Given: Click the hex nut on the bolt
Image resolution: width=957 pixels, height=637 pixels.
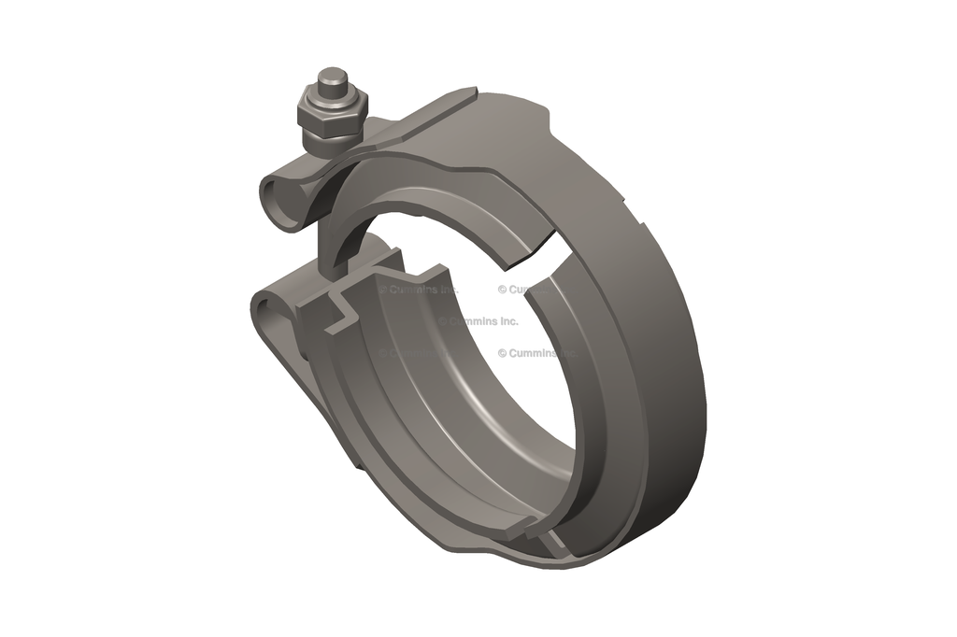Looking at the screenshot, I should click(x=332, y=114).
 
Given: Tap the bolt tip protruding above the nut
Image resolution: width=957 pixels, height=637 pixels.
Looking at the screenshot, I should click(x=333, y=82).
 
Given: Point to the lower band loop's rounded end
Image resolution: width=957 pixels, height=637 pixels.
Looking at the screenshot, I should click(x=264, y=308).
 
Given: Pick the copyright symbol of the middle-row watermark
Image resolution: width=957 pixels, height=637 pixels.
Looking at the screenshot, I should click(x=443, y=320).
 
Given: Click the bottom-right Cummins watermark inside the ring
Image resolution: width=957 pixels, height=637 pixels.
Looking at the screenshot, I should click(x=537, y=353).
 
